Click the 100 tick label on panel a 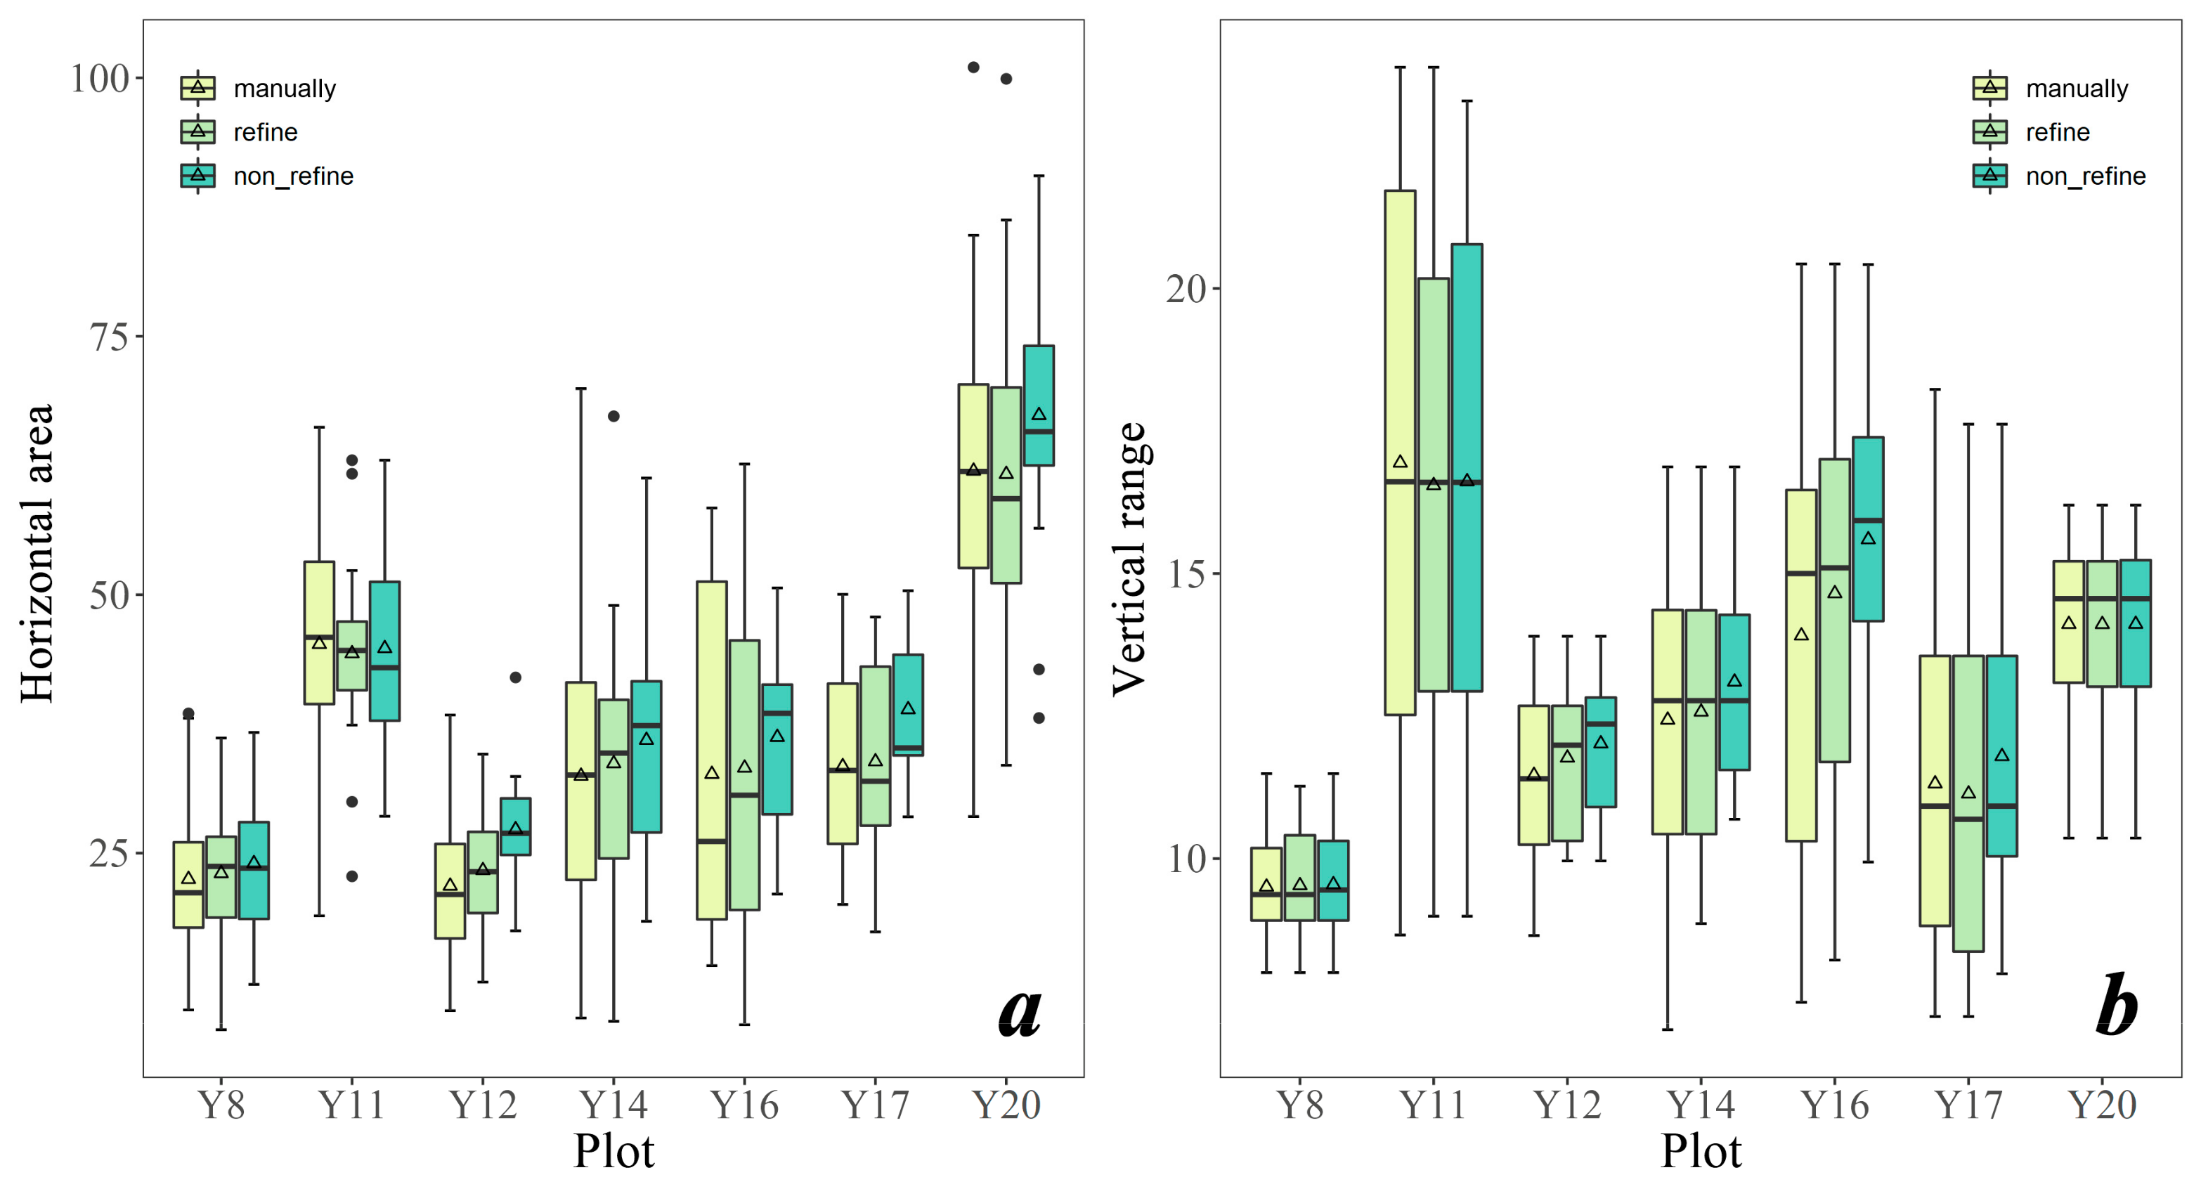point(99,79)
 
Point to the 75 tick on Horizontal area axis point(110,338)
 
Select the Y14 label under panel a point(613,1105)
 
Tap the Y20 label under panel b point(2102,1105)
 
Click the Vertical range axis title point(1129,559)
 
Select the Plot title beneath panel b point(1701,1152)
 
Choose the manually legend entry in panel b point(2076,89)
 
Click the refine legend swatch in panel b point(1990,132)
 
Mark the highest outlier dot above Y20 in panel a point(973,67)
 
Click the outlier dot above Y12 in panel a point(515,677)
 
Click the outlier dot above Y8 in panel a point(189,714)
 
